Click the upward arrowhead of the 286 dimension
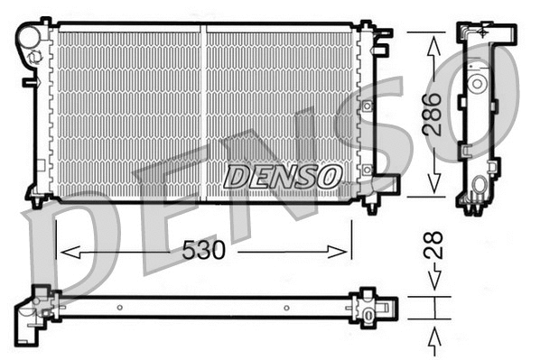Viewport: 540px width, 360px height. (x=433, y=42)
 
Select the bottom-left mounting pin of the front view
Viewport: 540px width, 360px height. (x=36, y=202)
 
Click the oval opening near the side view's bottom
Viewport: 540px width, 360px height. (x=478, y=191)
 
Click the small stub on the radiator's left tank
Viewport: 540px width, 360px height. (x=27, y=81)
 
